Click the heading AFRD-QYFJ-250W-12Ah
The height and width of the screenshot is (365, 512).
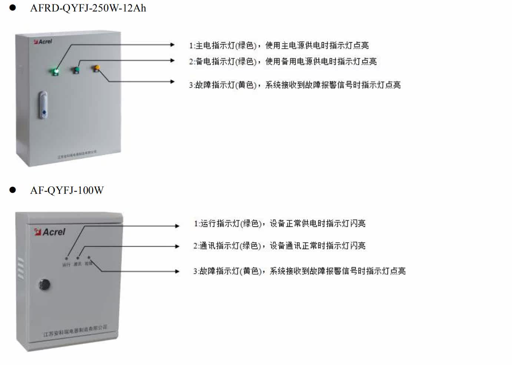pyautogui.click(x=88, y=8)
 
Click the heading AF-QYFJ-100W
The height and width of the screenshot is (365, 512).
pyautogui.click(x=67, y=190)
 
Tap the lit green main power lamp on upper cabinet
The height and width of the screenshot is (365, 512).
pyautogui.click(x=56, y=70)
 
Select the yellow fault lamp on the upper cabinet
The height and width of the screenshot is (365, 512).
pyautogui.click(x=97, y=68)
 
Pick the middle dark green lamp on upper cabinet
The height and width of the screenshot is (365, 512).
pyautogui.click(x=76, y=69)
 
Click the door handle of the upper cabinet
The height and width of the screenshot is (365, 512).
pyautogui.click(x=44, y=105)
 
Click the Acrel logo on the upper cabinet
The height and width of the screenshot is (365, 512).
pyautogui.click(x=43, y=42)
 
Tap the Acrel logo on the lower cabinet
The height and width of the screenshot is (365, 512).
pyautogui.click(x=50, y=232)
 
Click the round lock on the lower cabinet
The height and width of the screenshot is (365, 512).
pyautogui.click(x=44, y=285)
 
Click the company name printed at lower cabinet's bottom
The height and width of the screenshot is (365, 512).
pyautogui.click(x=75, y=331)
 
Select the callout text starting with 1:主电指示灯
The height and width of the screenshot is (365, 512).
pyautogui.click(x=279, y=46)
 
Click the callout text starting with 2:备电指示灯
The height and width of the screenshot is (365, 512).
pyautogui.click(x=283, y=62)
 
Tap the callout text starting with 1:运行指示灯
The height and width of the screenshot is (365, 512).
pyautogui.click(x=280, y=223)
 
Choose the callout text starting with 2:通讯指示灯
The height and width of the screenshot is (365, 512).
pyautogui.click(x=279, y=246)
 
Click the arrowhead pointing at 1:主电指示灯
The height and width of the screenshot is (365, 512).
pyautogui.click(x=172, y=45)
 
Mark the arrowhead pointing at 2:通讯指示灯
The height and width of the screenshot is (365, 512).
pyautogui.click(x=177, y=246)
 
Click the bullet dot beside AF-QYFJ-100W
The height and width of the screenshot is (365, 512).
pyautogui.click(x=13, y=190)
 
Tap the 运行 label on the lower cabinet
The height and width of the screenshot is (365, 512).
pyautogui.click(x=66, y=265)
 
